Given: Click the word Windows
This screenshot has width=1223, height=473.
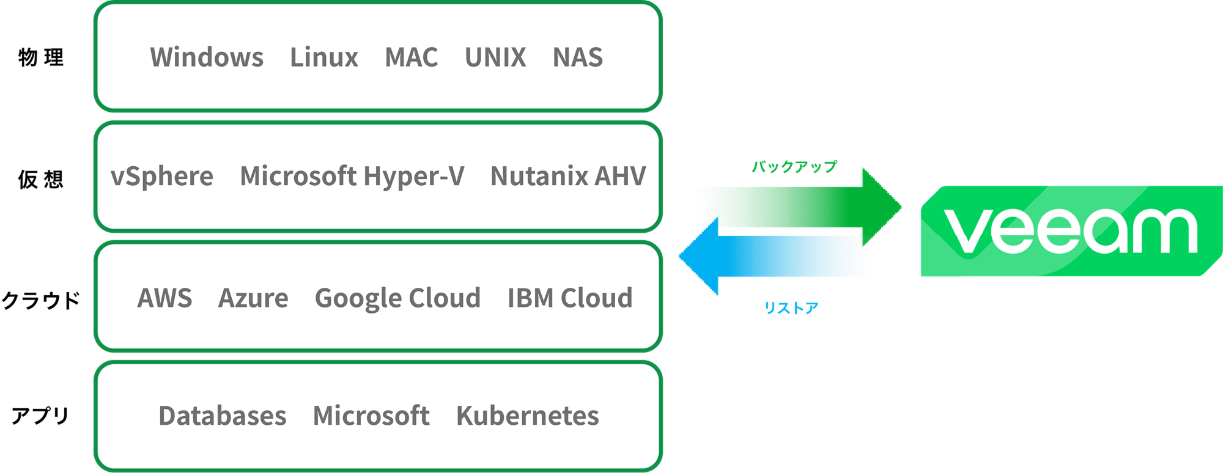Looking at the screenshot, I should click(x=207, y=57).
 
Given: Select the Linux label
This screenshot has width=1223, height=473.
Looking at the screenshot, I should click(x=324, y=57).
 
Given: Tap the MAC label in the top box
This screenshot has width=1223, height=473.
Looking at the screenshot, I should click(x=412, y=57).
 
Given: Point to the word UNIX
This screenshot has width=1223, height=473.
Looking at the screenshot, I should click(x=495, y=57).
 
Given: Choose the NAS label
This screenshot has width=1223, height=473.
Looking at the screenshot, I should click(x=578, y=57).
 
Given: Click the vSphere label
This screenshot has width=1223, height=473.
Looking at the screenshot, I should click(x=162, y=177).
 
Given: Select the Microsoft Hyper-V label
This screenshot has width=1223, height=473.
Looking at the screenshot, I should click(x=352, y=177).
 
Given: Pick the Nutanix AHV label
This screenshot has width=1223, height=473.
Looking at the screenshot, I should click(x=568, y=177).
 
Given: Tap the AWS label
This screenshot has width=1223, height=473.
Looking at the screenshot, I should click(x=164, y=298).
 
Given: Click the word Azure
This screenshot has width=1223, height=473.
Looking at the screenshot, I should click(x=253, y=298).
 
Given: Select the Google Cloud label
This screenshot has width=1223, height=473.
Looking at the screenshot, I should click(x=397, y=298).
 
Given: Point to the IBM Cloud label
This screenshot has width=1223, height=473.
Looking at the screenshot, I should click(x=570, y=298).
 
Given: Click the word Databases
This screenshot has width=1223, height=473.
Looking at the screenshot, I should click(x=223, y=416).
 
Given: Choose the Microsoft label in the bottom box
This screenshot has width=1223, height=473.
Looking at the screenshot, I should click(x=371, y=416).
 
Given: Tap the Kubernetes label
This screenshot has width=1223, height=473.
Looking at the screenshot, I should click(x=528, y=416).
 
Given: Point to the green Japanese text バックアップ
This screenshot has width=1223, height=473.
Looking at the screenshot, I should click(x=794, y=166).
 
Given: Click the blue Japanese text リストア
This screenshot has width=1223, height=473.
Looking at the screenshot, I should click(x=791, y=308).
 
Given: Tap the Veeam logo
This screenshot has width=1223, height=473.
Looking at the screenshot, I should click(x=1070, y=231).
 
